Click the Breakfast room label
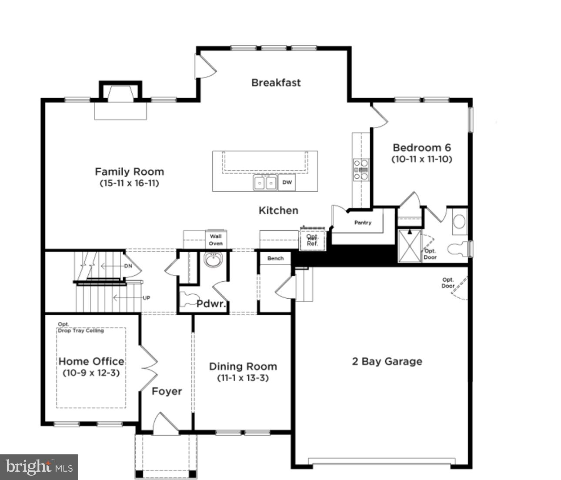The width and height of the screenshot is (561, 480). coord(276,83)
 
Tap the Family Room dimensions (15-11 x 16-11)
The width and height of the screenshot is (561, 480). coord(129,183)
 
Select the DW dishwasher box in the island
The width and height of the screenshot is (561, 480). coord(287,183)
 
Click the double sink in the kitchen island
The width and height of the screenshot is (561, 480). coord(265,183)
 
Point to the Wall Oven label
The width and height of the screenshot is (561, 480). coord(216,240)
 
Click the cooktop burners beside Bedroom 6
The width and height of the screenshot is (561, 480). coord(361,170)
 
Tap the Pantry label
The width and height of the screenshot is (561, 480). coord(363,223)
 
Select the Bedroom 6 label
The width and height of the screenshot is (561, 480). coord(421,148)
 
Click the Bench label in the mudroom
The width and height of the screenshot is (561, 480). coord(275,258)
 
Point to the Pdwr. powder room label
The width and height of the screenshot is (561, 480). coord(211,303)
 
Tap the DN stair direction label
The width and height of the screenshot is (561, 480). coord(128,266)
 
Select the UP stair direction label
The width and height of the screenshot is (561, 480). coord(147,298)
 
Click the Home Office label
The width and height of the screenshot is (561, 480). coord(91,361)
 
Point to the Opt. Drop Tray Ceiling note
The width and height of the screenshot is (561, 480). coord(81,328)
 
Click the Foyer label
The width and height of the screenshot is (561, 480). coord(167,391)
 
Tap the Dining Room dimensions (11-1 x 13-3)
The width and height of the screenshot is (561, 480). coord(243,378)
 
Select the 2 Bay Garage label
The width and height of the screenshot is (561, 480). coord(387,362)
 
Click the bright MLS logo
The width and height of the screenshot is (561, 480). coord(39,467)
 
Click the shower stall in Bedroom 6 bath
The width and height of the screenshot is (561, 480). coord(410,246)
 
